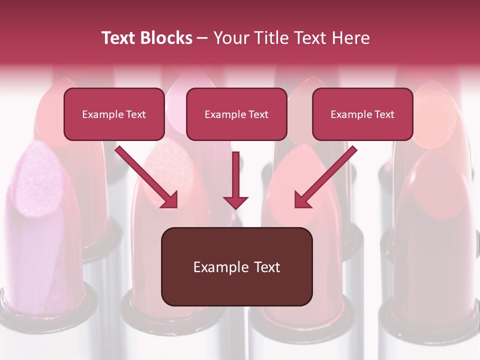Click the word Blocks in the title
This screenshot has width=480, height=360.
click(x=166, y=38)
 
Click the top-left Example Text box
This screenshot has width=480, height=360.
click(x=114, y=114)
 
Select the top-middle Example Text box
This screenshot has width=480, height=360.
click(x=236, y=114)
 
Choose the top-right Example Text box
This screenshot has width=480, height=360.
click(x=362, y=114)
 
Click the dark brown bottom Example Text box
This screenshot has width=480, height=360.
click(x=236, y=266)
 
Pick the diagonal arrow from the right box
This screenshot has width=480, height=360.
click(x=327, y=175)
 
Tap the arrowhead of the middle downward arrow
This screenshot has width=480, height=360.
click(x=235, y=201)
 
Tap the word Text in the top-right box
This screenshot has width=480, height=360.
click(x=384, y=114)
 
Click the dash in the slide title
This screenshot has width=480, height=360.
click(x=202, y=38)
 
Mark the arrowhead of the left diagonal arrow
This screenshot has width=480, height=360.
click(x=170, y=200)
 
